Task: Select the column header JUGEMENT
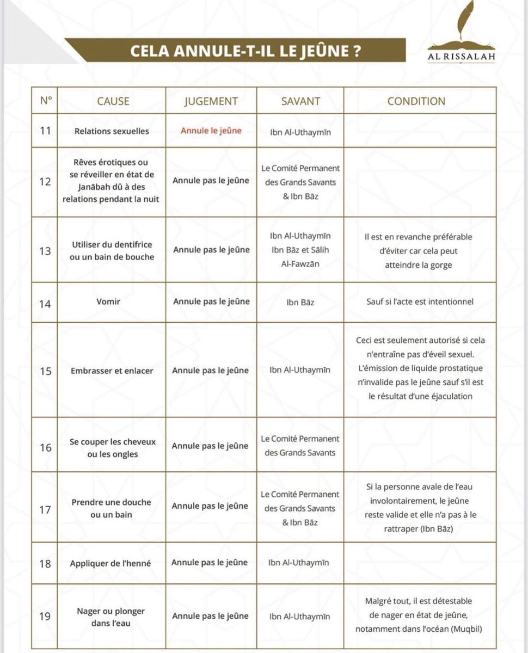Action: (x=211, y=101)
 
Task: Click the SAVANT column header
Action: (x=300, y=101)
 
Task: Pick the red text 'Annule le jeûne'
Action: (x=211, y=131)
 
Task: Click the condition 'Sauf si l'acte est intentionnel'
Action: (x=420, y=301)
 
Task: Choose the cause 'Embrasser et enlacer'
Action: (x=112, y=371)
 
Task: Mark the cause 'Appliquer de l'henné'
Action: (x=113, y=563)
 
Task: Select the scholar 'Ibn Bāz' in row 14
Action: (x=300, y=302)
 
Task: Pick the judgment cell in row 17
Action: (x=211, y=506)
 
